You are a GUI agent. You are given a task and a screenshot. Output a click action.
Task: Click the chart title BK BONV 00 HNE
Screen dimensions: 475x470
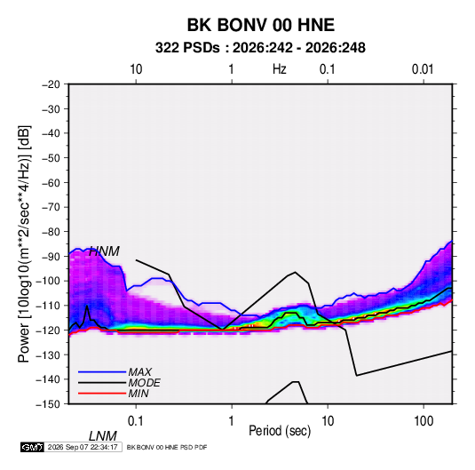[x=260, y=25]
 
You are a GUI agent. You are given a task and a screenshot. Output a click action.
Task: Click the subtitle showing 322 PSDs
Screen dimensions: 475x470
[x=260, y=48]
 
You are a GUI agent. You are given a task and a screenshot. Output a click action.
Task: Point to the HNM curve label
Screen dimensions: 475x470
[x=104, y=251]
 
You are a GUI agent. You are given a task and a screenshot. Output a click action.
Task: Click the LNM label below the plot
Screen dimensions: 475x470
[x=103, y=436]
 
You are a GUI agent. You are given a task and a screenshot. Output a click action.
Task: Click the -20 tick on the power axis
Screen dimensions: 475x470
[x=51, y=84]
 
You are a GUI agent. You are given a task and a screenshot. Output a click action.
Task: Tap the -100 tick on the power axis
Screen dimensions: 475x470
[x=48, y=281]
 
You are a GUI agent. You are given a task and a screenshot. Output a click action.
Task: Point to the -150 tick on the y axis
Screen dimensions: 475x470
[x=48, y=404]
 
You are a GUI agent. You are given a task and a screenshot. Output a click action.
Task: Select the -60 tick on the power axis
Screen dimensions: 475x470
[x=51, y=182]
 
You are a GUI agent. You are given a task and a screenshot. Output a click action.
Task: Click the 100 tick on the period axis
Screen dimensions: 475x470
[x=424, y=421]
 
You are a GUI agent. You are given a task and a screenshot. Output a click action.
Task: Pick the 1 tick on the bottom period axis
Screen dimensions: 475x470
[x=232, y=421]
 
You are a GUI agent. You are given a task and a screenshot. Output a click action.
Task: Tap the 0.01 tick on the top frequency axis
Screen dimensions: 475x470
[x=423, y=69]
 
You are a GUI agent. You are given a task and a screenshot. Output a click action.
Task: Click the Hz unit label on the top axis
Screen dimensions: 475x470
[x=280, y=69]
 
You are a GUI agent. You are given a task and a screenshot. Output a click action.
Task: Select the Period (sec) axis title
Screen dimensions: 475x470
[x=280, y=431]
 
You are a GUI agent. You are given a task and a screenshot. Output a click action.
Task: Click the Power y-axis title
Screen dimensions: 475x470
[x=24, y=243]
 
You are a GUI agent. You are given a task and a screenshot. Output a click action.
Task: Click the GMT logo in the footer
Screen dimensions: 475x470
[x=32, y=447]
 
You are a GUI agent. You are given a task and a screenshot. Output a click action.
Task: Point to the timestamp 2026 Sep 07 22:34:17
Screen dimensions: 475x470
[x=83, y=447]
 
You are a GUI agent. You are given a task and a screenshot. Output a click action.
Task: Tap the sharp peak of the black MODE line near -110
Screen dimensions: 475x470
[x=87, y=306]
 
